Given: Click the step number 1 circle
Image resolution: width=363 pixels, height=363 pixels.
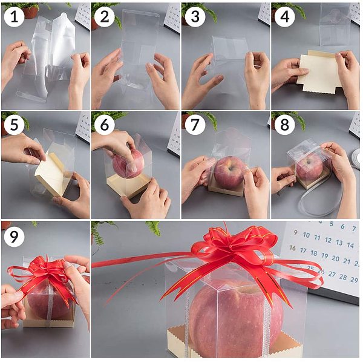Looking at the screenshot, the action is coord(14,17).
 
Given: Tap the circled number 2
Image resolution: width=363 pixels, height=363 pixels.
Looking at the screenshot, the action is coord(105,17).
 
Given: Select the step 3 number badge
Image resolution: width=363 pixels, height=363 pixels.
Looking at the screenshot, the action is coord(195,17).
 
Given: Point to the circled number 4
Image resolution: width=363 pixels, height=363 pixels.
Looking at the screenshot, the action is coord(284,17).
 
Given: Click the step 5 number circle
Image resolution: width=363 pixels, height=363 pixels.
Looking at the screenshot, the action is coord(14,124).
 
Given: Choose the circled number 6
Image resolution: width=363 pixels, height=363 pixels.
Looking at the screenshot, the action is coord(105,124).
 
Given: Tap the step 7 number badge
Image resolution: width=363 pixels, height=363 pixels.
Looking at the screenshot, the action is coord(195,124).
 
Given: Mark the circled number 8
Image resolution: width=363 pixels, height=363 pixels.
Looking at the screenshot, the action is coord(284,124).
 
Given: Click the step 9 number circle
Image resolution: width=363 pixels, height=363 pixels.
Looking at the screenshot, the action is coord(14,237).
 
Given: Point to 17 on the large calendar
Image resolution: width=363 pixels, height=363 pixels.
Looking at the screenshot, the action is coord(303,250).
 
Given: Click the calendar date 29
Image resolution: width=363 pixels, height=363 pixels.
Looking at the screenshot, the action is coord(354,280).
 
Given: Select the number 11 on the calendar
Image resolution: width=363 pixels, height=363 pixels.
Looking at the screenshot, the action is coord(317,238).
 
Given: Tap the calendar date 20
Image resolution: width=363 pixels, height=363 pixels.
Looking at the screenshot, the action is coord(335,258).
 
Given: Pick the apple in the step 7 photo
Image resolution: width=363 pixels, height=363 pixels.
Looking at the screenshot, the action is coord(229,172).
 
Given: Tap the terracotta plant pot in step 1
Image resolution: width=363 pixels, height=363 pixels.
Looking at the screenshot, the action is coord(30,13).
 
